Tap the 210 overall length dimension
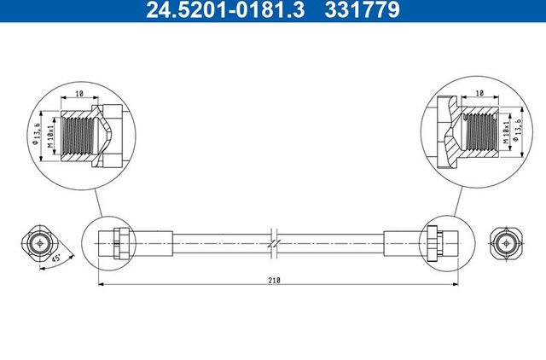273,278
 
